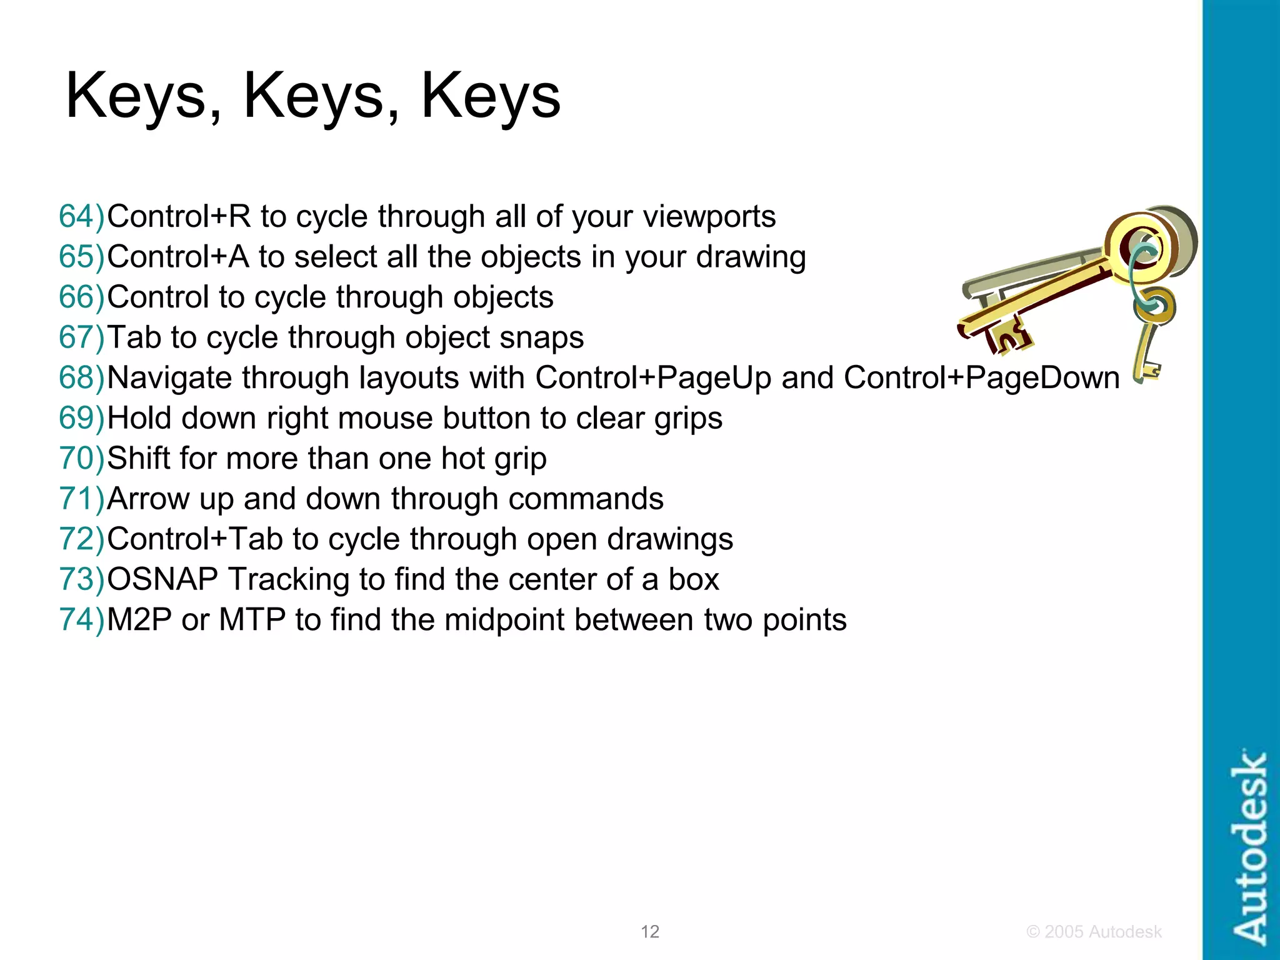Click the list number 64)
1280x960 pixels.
[82, 217]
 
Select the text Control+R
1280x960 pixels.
[179, 217]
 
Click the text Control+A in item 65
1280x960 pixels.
[178, 257]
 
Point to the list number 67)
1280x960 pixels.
[82, 337]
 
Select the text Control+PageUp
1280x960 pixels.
[653, 378]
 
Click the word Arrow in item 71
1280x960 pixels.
[147, 499]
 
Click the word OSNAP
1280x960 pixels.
[162, 579]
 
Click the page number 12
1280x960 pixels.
[650, 932]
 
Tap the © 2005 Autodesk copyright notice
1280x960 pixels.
[1094, 932]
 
